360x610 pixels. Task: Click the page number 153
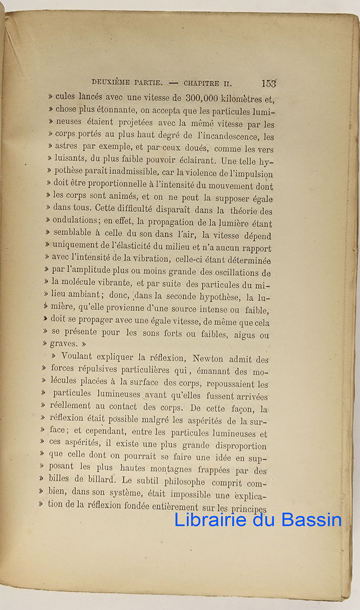(x=268, y=83)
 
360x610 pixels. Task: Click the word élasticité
(x=132, y=248)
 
